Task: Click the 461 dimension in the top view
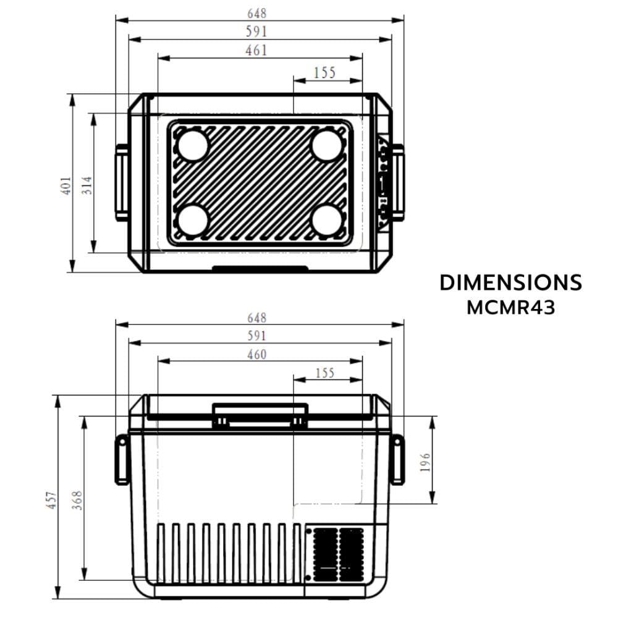click(256, 51)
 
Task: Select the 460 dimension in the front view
click(257, 355)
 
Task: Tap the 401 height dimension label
click(66, 185)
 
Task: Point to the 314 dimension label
click(87, 185)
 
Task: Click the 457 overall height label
click(53, 500)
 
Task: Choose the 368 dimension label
click(77, 500)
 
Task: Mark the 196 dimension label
click(425, 462)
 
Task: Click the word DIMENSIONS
click(511, 282)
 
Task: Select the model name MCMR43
click(511, 307)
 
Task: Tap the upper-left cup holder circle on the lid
click(193, 145)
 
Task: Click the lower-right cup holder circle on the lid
click(327, 219)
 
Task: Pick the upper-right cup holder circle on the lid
click(327, 145)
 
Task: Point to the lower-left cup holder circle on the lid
click(193, 219)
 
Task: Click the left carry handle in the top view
click(121, 182)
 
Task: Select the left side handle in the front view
click(122, 460)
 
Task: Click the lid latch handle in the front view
click(260, 415)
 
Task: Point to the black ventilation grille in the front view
click(338, 554)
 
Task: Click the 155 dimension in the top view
click(325, 73)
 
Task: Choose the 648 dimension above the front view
click(257, 318)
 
